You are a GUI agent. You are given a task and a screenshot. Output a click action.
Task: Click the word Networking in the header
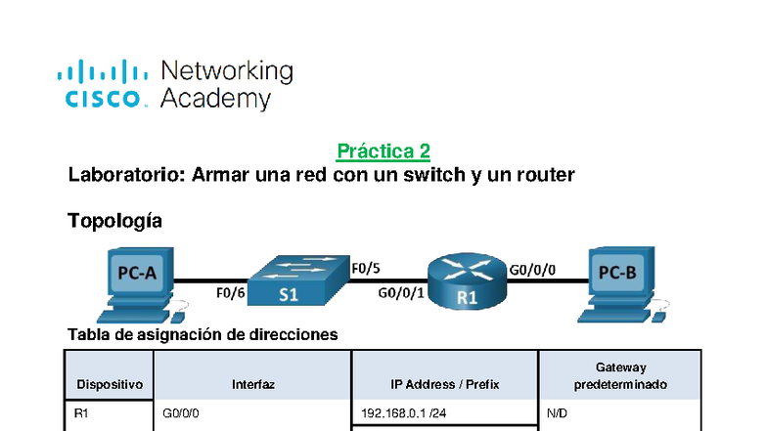click(x=226, y=71)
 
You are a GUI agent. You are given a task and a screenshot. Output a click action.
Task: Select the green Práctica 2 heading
click(x=383, y=151)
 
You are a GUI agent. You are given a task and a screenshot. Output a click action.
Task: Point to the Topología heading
click(x=114, y=221)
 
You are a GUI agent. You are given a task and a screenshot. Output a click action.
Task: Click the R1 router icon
click(x=468, y=282)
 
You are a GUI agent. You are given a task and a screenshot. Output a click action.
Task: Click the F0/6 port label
click(x=230, y=291)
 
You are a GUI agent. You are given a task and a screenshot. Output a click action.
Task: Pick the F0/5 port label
click(x=366, y=268)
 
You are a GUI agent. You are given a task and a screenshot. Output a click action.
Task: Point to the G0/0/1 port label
click(x=401, y=292)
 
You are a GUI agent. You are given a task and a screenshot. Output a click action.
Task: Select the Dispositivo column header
click(x=110, y=385)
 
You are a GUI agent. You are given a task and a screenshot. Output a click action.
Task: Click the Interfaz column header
click(x=252, y=385)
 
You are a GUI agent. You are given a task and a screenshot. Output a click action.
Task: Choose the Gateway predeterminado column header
click(x=620, y=376)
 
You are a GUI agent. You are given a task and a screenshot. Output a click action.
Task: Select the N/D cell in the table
click(x=557, y=414)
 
